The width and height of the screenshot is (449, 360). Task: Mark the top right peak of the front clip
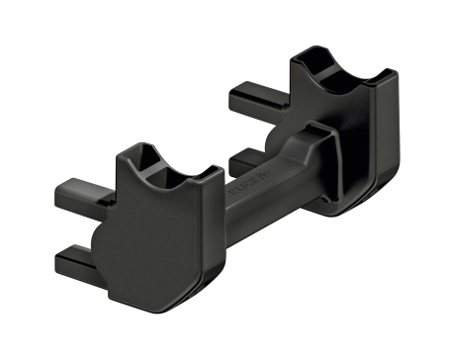click(210, 170)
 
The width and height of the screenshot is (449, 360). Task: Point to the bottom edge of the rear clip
click(346, 210)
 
